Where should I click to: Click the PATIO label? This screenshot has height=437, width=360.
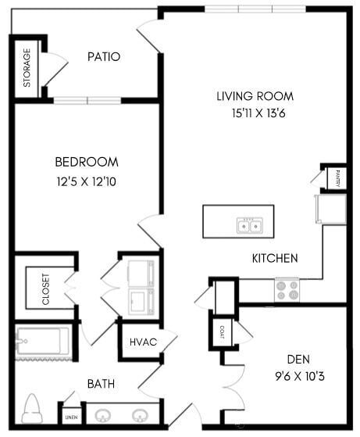coord(103,56)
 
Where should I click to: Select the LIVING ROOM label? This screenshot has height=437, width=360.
coord(255,96)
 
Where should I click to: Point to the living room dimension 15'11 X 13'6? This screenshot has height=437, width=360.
coord(255,113)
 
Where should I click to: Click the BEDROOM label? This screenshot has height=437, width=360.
coord(87,162)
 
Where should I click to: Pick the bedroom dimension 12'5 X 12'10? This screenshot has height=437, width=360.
coord(87,181)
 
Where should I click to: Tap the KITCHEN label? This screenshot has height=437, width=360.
coord(274,258)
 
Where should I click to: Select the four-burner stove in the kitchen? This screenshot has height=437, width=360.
coord(287,290)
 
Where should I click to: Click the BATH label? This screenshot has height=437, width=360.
coord(102,384)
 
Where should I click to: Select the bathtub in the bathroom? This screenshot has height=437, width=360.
coord(43,341)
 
